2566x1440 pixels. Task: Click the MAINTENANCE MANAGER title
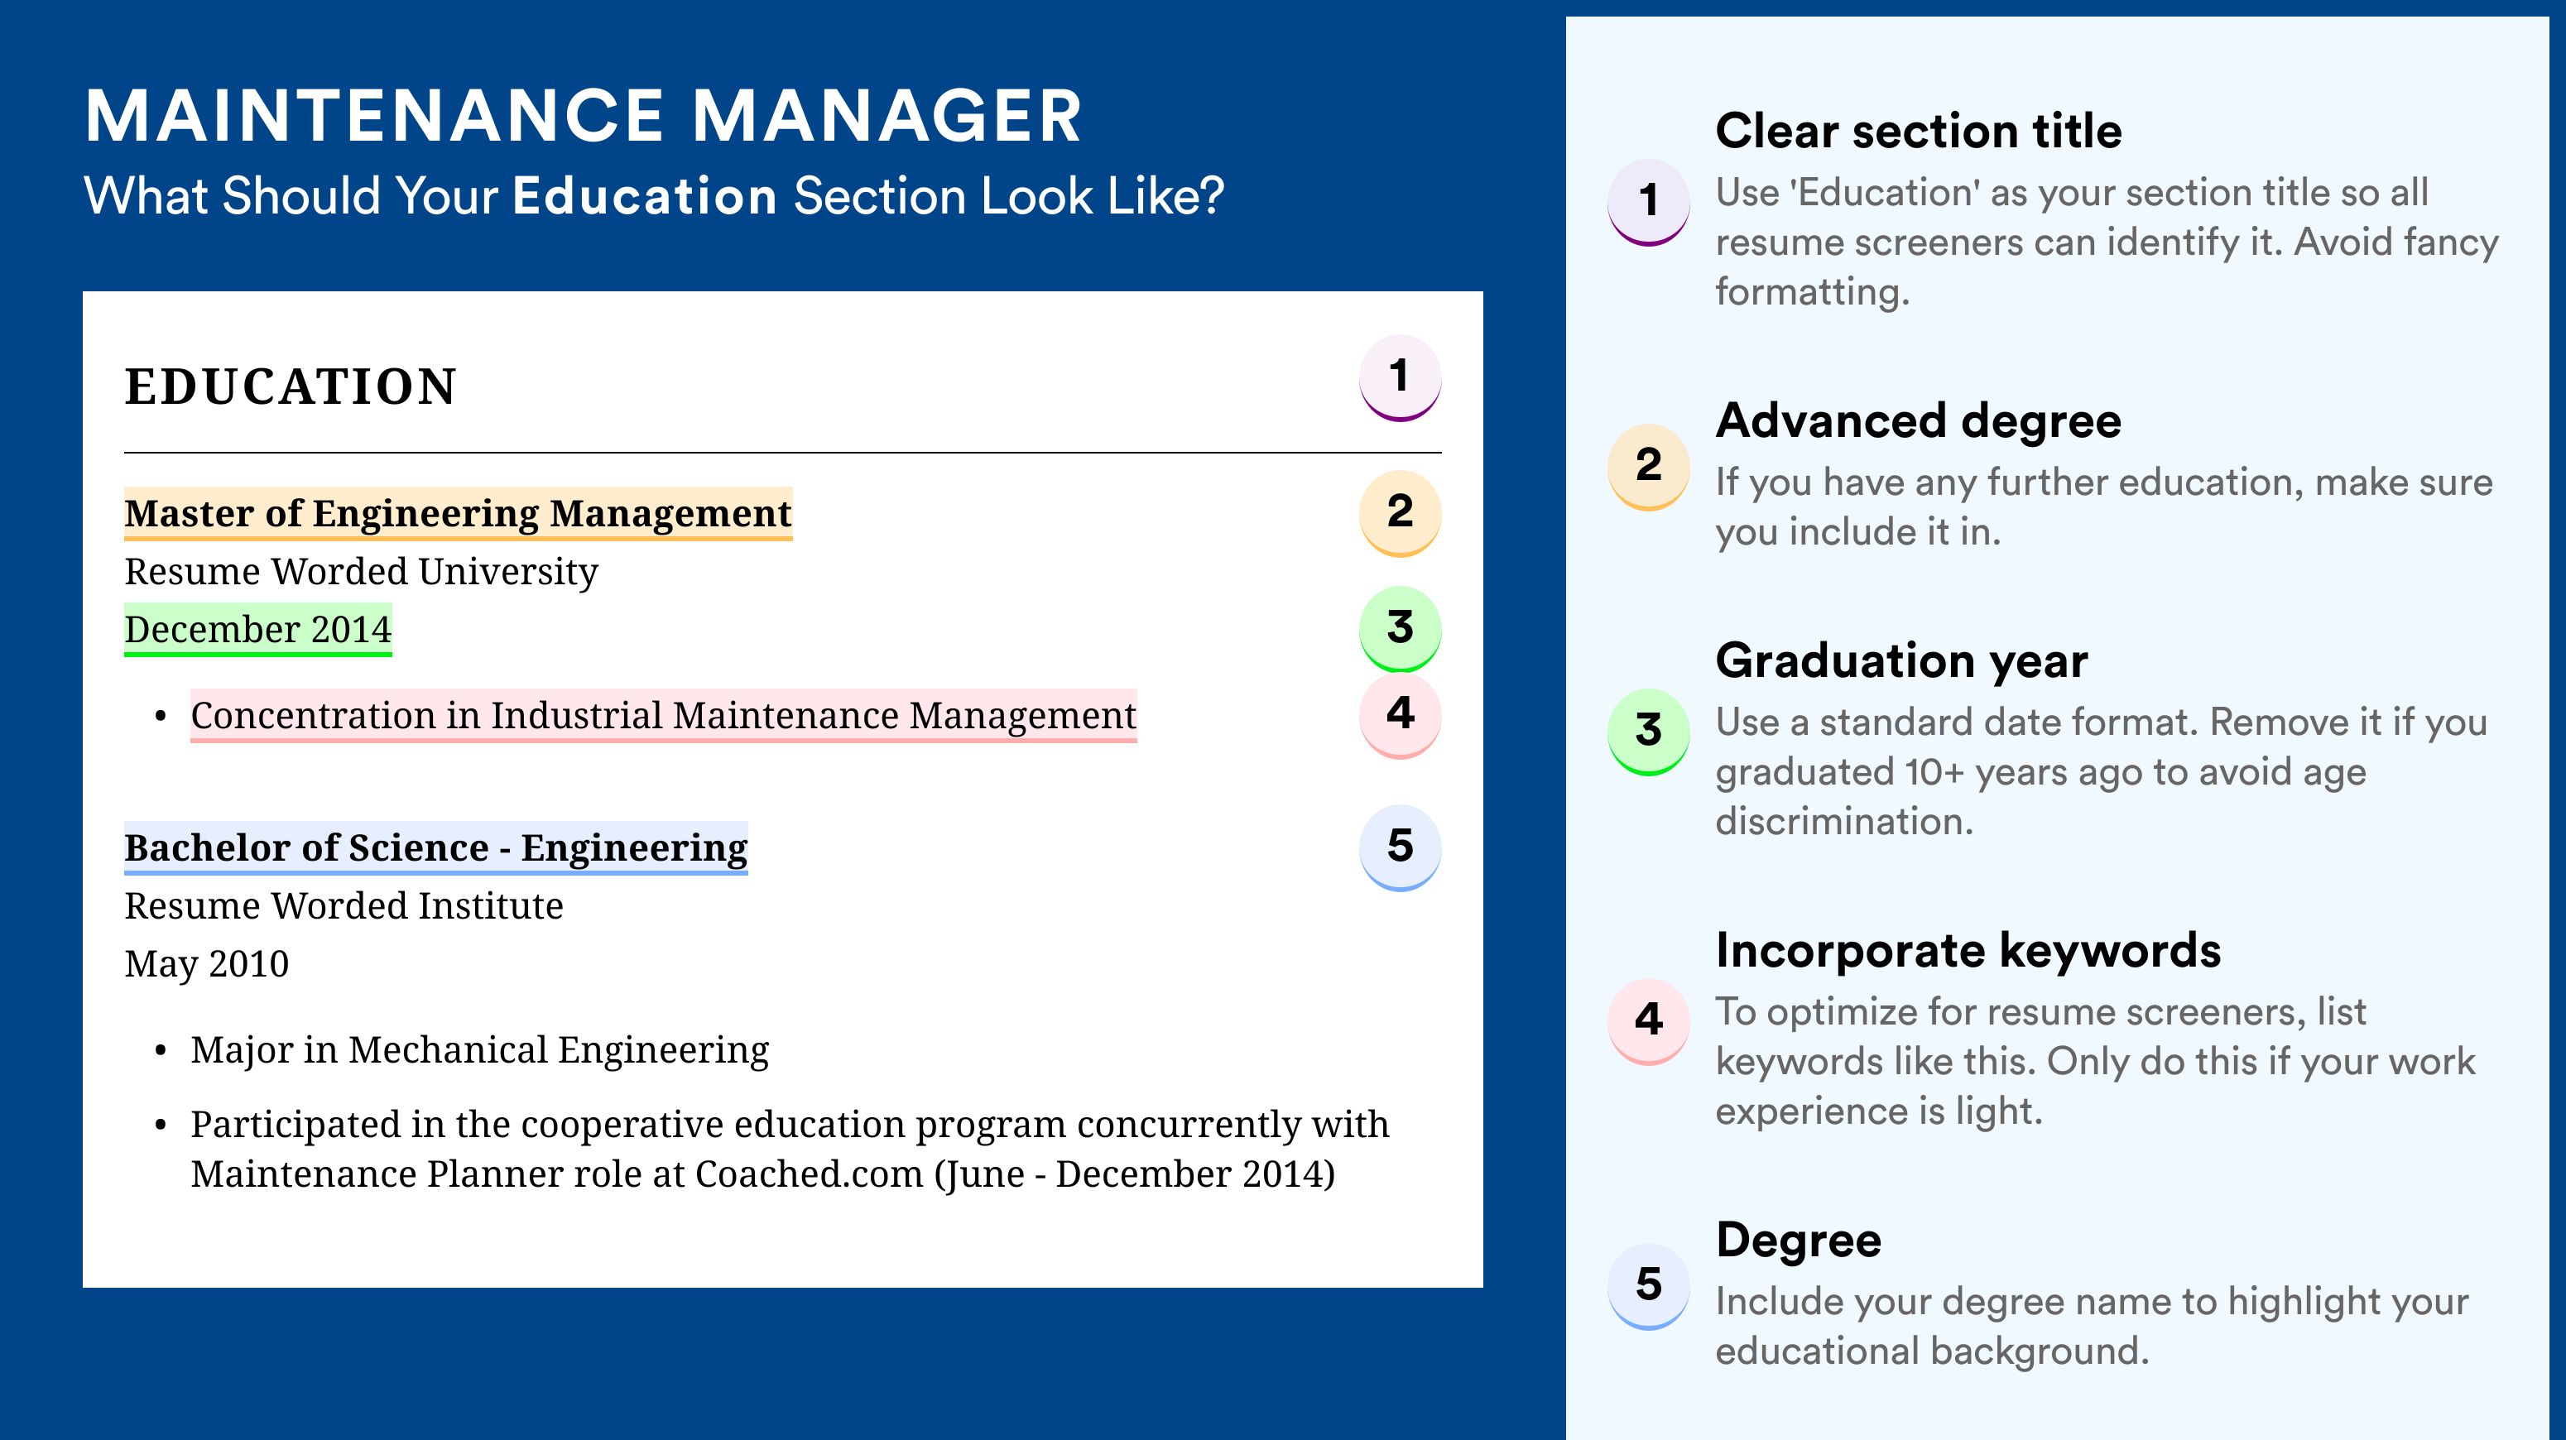coord(583,117)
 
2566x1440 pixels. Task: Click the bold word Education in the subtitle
coord(645,195)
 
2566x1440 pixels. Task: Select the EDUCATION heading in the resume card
coord(291,386)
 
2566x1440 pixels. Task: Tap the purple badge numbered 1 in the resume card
coord(1400,378)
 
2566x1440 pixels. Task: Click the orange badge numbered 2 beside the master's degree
coord(1400,513)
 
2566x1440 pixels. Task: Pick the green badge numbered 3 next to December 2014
coord(1400,628)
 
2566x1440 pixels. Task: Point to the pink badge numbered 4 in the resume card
coord(1400,715)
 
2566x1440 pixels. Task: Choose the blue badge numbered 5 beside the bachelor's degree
coord(1400,847)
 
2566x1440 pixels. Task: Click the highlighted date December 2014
coord(258,629)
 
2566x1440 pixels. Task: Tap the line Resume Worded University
coord(362,572)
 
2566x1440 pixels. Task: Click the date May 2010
coord(207,964)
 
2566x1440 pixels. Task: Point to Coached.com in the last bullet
coord(809,1174)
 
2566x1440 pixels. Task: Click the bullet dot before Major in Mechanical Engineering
coord(161,1052)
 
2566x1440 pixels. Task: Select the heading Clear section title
coord(1919,131)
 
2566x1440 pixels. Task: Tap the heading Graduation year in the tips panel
coord(1901,660)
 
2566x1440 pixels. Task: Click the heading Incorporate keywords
coord(1968,950)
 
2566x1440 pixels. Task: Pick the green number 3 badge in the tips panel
coord(1649,732)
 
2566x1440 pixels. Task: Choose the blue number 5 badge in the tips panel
coord(1649,1285)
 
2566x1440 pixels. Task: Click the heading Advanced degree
coord(1919,421)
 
